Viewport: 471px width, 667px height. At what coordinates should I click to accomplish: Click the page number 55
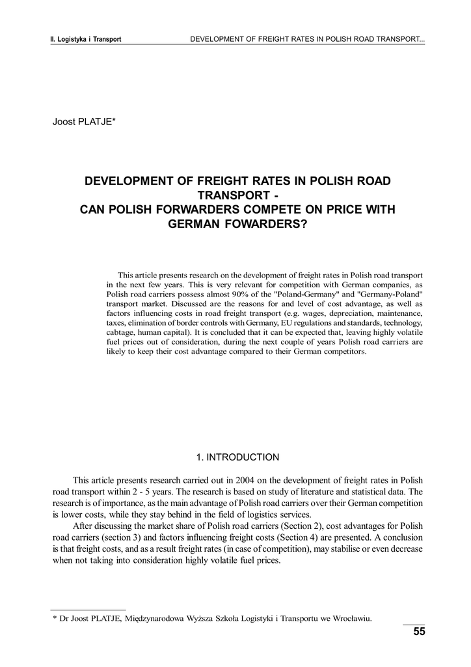tap(418, 632)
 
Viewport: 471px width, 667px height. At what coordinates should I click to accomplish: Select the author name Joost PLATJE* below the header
tap(84, 121)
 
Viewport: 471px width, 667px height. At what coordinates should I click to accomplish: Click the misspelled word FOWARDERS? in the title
tap(266, 223)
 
